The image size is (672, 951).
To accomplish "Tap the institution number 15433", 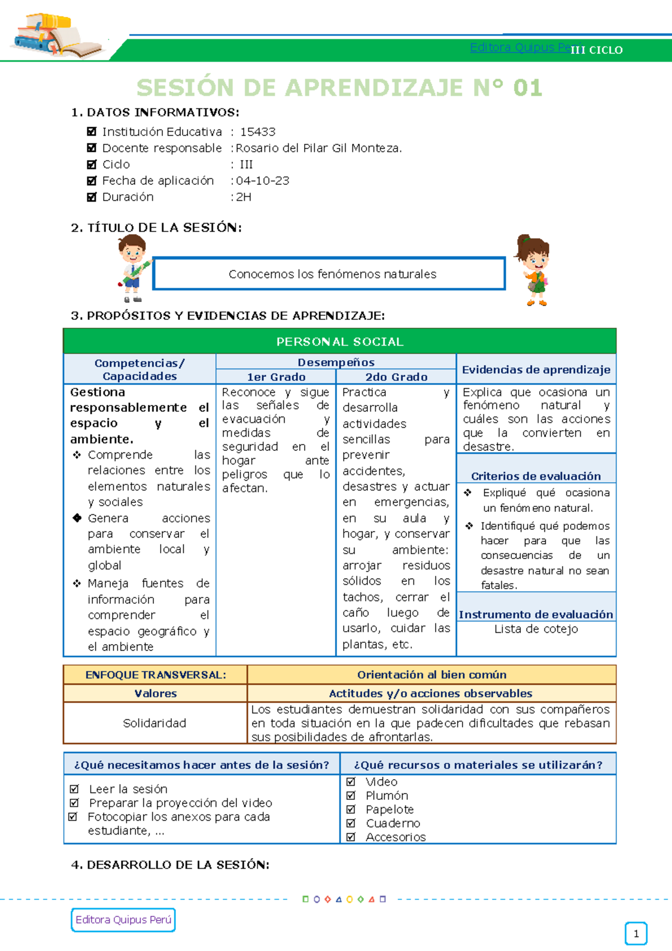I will [258, 132].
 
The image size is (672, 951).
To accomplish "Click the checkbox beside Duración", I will [92, 197].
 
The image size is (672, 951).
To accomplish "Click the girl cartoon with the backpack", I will [534, 269].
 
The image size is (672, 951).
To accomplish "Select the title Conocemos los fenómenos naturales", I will [332, 274].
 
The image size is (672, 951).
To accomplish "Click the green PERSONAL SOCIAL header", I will [339, 342].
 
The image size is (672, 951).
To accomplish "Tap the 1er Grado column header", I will [276, 377].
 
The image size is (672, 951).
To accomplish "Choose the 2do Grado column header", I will [396, 377].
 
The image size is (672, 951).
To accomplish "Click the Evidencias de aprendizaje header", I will [536, 370].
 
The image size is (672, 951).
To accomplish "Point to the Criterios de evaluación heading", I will [536, 476].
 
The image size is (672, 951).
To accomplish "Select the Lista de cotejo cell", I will [536, 629].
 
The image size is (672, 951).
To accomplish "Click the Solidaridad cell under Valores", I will [155, 723].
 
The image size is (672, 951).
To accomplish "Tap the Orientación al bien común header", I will [432, 675].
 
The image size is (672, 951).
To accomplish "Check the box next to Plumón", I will [351, 795].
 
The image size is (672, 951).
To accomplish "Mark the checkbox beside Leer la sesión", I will [74, 789].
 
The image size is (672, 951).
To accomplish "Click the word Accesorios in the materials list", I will [395, 837].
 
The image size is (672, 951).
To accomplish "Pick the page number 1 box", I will [636, 934].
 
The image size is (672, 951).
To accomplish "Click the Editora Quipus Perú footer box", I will [123, 920].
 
